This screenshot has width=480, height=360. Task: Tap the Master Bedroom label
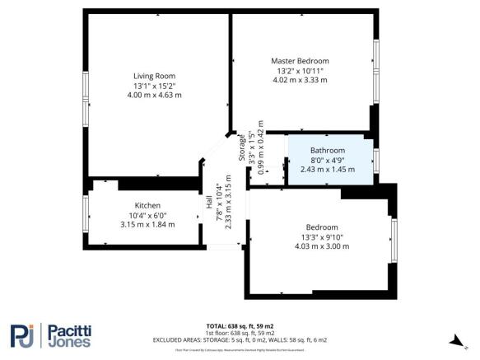[300, 61]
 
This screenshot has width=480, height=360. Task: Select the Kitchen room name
[147, 205]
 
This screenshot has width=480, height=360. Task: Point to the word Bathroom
[327, 150]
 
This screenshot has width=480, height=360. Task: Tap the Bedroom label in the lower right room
[321, 227]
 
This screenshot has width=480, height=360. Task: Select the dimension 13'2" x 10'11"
[300, 71]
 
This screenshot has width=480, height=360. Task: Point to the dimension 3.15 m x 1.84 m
[147, 225]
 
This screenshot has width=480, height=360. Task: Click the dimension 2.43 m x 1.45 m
[327, 170]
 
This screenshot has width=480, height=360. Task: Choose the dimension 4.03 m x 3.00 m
[321, 247]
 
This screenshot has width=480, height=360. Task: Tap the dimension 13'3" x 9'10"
[321, 237]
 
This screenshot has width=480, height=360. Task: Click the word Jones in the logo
[66, 344]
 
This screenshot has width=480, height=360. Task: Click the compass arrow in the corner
[452, 339]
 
